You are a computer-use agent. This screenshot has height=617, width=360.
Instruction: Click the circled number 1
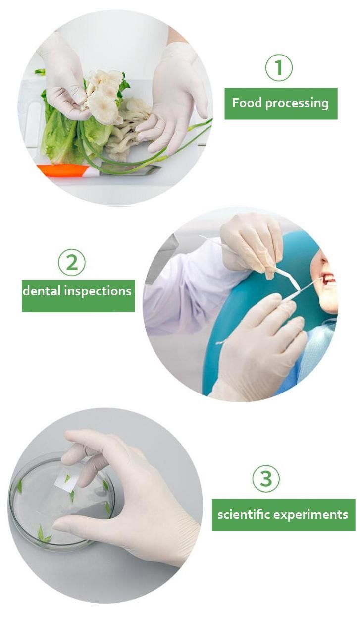[x=279, y=68]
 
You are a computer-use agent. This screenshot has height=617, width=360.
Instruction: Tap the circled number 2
[x=72, y=263]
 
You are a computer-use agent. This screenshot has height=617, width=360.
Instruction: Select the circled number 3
[x=266, y=479]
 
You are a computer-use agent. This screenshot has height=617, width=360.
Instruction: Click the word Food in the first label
[x=247, y=103]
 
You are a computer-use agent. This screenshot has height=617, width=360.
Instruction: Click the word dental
[x=42, y=291]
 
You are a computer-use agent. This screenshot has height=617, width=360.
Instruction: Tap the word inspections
[x=98, y=292]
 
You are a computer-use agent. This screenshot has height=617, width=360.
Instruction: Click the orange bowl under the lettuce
[x=63, y=169]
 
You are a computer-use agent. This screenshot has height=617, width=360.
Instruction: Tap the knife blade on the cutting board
[x=129, y=168]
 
